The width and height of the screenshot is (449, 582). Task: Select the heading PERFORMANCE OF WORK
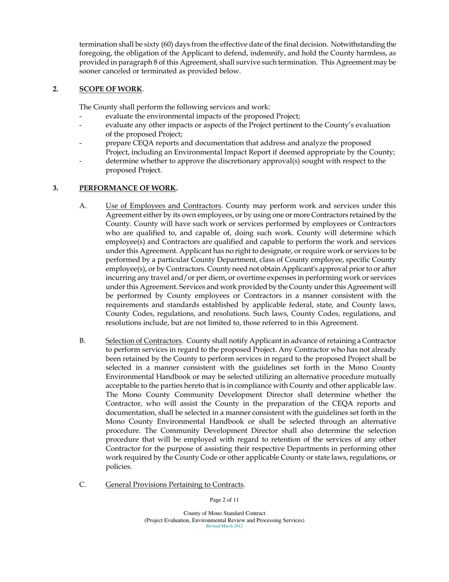(128, 188)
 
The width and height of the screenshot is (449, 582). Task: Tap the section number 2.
(55, 89)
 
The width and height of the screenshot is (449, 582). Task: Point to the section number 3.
(55, 188)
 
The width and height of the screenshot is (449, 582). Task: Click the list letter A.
(83, 205)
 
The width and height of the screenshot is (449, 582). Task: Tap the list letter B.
(83, 341)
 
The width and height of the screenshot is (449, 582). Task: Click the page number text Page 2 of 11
(224, 500)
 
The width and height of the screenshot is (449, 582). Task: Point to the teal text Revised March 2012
(224, 526)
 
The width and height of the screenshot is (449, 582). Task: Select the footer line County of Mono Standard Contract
(224, 513)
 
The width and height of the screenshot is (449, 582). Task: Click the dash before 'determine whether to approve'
(81, 161)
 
